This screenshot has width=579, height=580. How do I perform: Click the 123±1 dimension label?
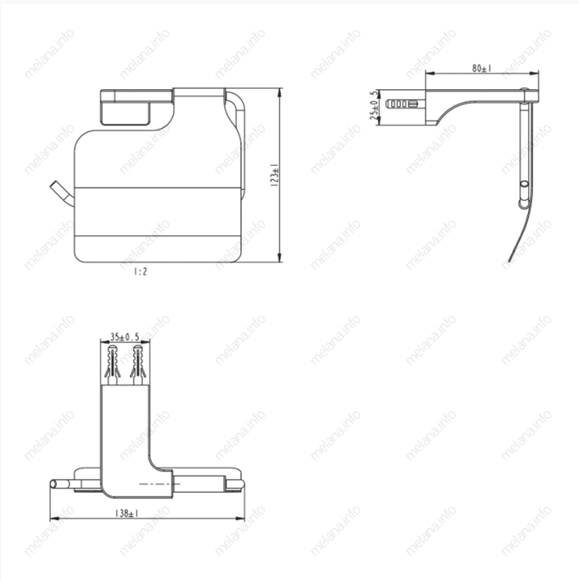(x=275, y=175)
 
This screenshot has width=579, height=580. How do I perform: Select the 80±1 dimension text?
(x=482, y=68)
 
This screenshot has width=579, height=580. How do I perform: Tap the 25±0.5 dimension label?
(x=375, y=105)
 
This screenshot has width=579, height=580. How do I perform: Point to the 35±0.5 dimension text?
(x=124, y=337)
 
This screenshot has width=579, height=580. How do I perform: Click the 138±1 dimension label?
(x=127, y=513)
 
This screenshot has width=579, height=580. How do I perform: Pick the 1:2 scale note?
(x=140, y=272)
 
